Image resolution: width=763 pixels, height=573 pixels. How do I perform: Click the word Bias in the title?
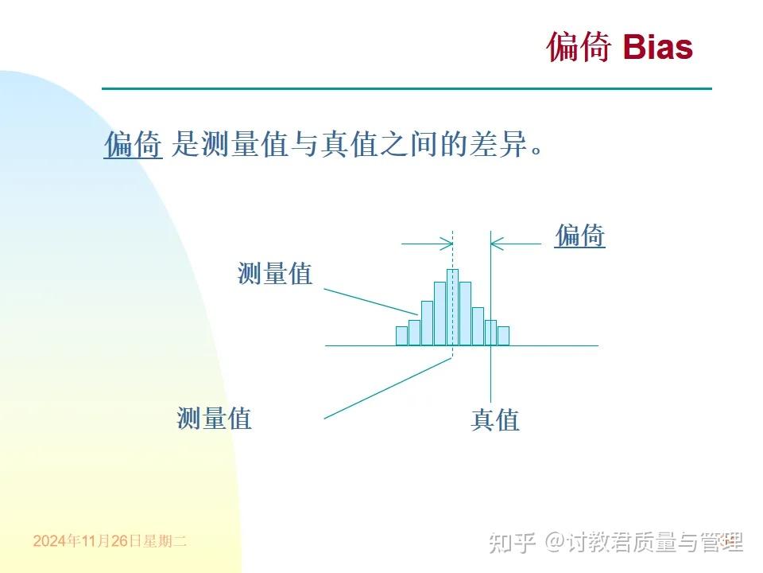(657, 47)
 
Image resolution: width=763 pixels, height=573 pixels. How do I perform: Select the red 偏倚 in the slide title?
(579, 47)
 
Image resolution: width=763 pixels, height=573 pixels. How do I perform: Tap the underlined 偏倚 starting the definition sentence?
(133, 145)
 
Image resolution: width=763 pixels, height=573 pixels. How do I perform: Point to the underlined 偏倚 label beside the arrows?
(579, 236)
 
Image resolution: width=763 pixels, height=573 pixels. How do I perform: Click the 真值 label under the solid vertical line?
(494, 419)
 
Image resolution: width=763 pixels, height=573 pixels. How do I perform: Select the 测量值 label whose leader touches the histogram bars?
(275, 274)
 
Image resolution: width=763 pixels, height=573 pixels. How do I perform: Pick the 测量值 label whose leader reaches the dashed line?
(214, 417)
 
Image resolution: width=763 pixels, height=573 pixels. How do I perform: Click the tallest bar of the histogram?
(452, 307)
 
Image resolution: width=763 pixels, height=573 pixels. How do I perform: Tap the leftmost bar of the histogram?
(401, 336)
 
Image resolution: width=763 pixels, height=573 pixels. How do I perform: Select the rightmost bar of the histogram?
(503, 336)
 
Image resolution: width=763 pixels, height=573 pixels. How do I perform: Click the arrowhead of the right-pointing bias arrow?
(447, 244)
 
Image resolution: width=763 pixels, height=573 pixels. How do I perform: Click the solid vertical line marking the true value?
(491, 374)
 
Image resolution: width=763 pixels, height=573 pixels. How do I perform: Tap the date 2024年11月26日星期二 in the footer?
(110, 541)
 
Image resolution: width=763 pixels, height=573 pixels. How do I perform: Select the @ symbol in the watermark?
(554, 542)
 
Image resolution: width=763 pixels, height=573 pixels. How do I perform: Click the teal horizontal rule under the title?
(406, 88)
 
